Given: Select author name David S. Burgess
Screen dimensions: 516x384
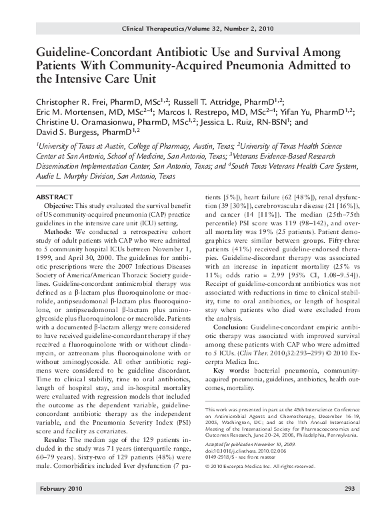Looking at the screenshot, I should [65, 135].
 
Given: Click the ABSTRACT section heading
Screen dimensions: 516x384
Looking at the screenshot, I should [49, 199].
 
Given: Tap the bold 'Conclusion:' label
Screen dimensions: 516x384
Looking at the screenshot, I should [231, 328].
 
